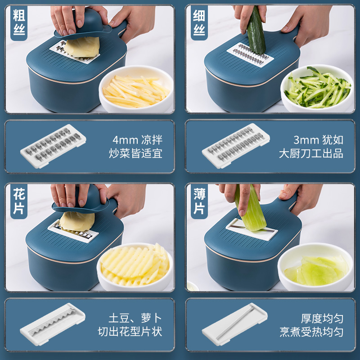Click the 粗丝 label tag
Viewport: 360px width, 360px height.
coord(19,23)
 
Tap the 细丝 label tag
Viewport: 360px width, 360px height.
coord(199,23)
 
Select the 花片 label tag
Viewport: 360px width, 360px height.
coord(19,201)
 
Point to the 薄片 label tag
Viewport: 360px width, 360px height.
coord(199,201)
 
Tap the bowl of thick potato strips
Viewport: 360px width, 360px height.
coord(136,89)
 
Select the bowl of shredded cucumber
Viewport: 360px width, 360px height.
coord(317,89)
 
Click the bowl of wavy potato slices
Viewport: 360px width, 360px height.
coord(135,267)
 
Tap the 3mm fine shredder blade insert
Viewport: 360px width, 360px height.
coord(236,145)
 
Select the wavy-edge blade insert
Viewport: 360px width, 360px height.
coord(53,324)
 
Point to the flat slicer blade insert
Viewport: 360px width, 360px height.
coord(234,324)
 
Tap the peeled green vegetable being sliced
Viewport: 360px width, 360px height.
coord(250,208)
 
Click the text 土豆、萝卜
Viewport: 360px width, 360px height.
coord(135,318)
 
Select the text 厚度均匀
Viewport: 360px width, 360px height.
coord(322,319)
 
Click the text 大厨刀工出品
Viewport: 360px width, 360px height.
coord(311,153)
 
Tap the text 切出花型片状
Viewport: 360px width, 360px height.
coord(130,332)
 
